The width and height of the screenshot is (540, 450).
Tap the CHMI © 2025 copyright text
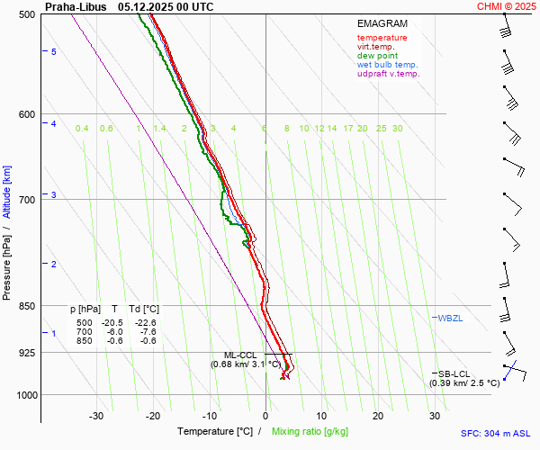tap(508, 6)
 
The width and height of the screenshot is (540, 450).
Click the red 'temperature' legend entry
tap(382, 38)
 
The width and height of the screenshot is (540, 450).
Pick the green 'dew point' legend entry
tap(377, 56)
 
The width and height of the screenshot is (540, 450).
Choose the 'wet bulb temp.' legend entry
tap(387, 65)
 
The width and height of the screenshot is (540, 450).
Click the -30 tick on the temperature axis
tap(96, 416)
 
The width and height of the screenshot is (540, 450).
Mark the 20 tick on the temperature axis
tap(378, 416)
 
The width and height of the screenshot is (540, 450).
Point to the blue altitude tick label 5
tap(54, 52)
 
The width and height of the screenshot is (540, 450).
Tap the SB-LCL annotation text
tap(455, 373)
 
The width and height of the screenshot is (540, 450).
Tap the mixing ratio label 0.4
tap(82, 129)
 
